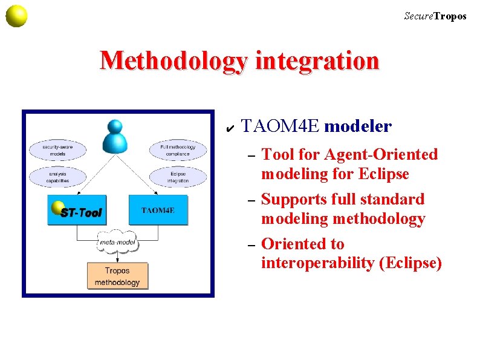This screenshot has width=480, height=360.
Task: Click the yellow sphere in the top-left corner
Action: click(x=16, y=16)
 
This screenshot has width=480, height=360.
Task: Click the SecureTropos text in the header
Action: click(x=435, y=16)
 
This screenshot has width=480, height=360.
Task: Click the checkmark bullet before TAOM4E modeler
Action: click(x=229, y=127)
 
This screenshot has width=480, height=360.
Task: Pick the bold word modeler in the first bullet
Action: click(x=358, y=126)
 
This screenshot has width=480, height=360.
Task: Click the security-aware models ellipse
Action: click(x=58, y=150)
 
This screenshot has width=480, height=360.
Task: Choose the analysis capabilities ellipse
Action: click(x=58, y=177)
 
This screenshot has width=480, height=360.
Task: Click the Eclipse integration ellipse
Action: click(x=178, y=177)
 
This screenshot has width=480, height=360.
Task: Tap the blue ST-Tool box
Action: click(x=77, y=211)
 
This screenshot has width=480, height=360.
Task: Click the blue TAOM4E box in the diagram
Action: click(x=158, y=211)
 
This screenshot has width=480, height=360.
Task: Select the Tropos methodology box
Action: click(x=117, y=277)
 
